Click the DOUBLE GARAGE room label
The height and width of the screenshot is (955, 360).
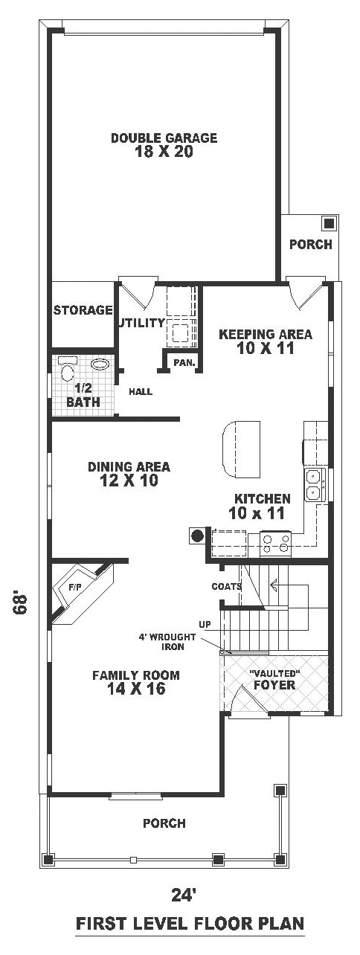coord(164,138)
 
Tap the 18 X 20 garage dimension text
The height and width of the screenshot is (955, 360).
coord(164,152)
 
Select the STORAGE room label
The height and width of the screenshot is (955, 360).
coord(83,310)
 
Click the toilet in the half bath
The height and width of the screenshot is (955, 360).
coord(68,368)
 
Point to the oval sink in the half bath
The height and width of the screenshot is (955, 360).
coord(100,364)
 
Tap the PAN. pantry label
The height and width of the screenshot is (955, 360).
coord(184,363)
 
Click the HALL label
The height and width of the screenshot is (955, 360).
coord(141,391)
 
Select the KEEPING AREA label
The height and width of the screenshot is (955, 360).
coord(266,334)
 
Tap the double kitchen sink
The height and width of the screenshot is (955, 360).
coord(315,484)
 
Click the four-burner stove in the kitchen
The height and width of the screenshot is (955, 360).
coord(275,544)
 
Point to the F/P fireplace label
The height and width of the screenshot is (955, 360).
coord(75,587)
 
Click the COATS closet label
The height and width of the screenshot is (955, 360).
coord(227,587)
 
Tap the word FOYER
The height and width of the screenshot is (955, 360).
coord(274,685)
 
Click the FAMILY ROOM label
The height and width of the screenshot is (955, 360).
coord(136,675)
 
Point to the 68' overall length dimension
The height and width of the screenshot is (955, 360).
coord(21,602)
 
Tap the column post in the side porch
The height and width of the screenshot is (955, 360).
coord(329,223)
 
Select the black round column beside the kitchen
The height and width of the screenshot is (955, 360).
coord(196,535)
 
